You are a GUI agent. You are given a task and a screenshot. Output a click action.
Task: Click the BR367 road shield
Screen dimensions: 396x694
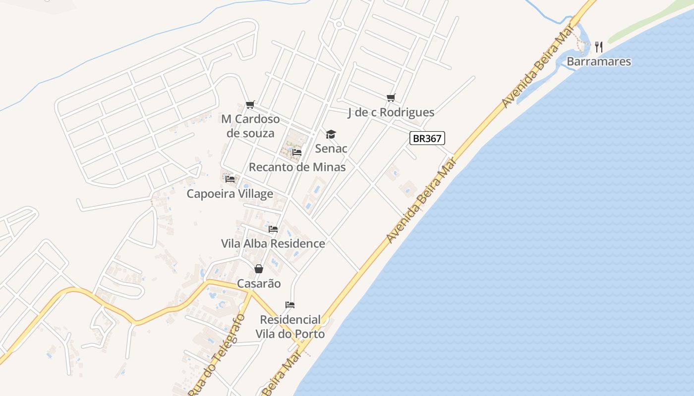pyautogui.click(x=427, y=138)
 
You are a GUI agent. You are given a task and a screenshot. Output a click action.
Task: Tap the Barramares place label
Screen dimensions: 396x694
pyautogui.click(x=599, y=61)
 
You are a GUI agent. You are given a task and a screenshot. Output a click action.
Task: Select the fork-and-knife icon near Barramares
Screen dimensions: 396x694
pyautogui.click(x=599, y=47)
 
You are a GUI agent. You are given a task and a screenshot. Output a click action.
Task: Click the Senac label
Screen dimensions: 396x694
pyautogui.click(x=331, y=148)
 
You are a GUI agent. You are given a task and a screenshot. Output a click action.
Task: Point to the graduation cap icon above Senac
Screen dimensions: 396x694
pyautogui.click(x=331, y=134)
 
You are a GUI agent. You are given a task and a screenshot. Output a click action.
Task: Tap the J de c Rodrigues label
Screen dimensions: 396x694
pyautogui.click(x=391, y=112)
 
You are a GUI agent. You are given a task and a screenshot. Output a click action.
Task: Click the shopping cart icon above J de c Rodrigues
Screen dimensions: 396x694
pyautogui.click(x=391, y=98)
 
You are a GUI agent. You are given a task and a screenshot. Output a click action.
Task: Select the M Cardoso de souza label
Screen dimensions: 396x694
pyautogui.click(x=250, y=126)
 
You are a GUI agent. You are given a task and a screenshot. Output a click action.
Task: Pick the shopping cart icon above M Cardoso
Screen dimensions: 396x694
pyautogui.click(x=250, y=104)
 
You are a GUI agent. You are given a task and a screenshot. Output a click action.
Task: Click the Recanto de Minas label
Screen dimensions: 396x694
pyautogui.click(x=297, y=167)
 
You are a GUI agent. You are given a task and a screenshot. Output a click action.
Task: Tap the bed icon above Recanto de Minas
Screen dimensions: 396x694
pyautogui.click(x=297, y=152)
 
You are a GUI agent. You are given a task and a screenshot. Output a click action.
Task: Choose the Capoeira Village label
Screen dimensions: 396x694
pyautogui.click(x=230, y=194)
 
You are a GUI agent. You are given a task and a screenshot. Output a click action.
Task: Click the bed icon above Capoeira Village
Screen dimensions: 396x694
pyautogui.click(x=230, y=179)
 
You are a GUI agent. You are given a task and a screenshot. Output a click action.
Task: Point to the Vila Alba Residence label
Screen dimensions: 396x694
pyautogui.click(x=273, y=244)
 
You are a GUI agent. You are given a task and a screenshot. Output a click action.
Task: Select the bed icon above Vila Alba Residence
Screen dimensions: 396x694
pyautogui.click(x=273, y=229)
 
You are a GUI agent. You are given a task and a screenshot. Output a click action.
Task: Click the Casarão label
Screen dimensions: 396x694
pyautogui.click(x=259, y=284)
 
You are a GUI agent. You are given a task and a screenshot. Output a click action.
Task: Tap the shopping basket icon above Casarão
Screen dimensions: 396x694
pyautogui.click(x=259, y=269)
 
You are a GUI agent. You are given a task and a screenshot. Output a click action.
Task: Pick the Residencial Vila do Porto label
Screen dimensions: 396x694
pyautogui.click(x=290, y=327)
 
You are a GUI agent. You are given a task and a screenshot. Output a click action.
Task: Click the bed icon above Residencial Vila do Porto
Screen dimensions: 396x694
pyautogui.click(x=290, y=304)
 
